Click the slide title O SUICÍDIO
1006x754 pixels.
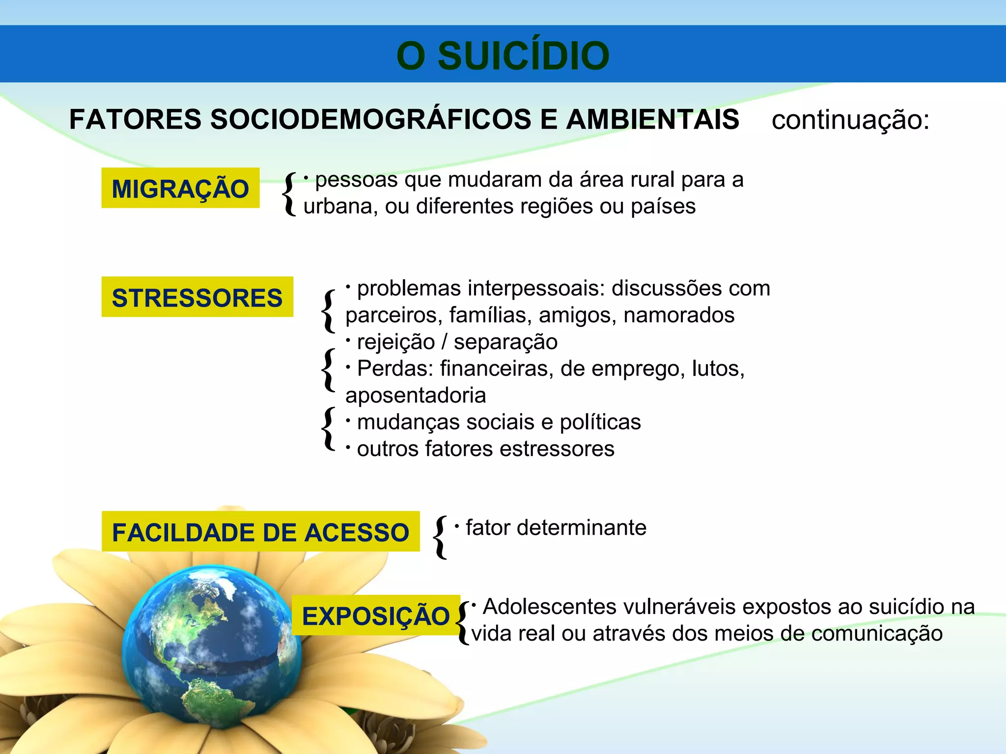click(x=503, y=55)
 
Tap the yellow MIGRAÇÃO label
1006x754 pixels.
click(x=180, y=188)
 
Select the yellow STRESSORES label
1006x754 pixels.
click(x=197, y=297)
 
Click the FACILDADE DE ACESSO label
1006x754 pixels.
click(x=260, y=532)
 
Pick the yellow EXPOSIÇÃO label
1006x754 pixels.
click(x=376, y=616)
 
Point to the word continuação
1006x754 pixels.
click(x=850, y=120)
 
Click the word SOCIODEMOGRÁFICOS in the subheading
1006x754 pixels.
click(x=370, y=119)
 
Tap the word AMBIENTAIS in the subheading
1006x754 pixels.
click(x=652, y=119)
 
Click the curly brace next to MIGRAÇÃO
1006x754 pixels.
click(x=290, y=194)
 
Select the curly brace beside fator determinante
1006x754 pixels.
click(x=441, y=537)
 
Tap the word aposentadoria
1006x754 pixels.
click(x=416, y=395)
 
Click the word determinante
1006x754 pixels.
click(x=582, y=528)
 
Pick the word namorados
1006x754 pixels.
click(x=679, y=315)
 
